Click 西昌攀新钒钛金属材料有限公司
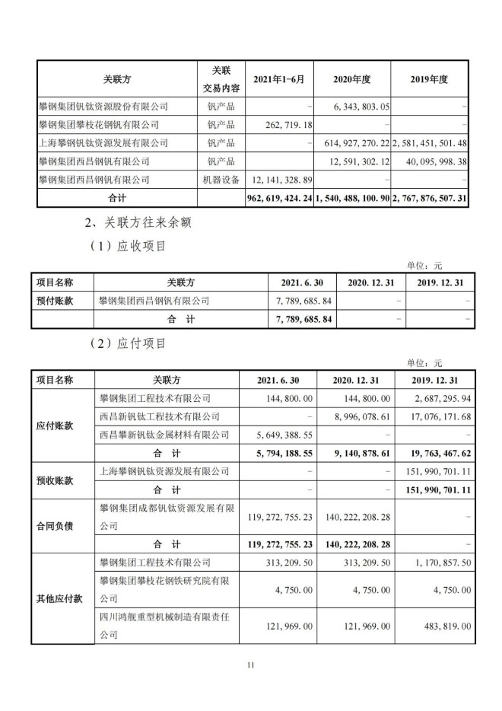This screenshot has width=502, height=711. (x=164, y=435)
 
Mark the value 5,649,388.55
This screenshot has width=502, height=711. (x=287, y=435)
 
